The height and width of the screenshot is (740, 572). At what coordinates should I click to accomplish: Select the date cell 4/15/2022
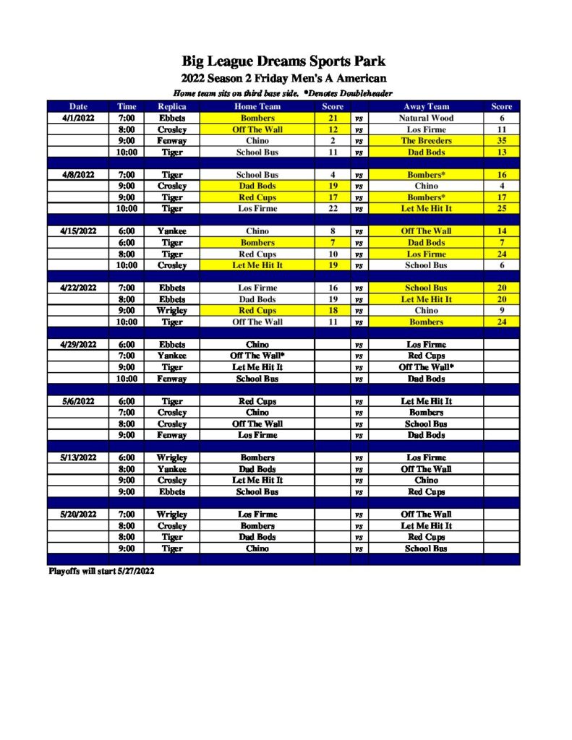pyautogui.click(x=78, y=231)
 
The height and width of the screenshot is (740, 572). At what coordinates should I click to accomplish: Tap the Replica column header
pyautogui.click(x=172, y=106)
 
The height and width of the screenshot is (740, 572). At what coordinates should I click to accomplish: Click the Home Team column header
pyautogui.click(x=257, y=106)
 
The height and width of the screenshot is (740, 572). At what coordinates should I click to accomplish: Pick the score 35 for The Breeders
pyautogui.click(x=501, y=141)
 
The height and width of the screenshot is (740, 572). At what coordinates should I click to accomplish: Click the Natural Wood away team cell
pyautogui.click(x=426, y=118)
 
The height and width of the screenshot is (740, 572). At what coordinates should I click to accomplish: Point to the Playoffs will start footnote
pyautogui.click(x=101, y=571)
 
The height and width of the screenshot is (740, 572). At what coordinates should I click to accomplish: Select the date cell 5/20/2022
pyautogui.click(x=78, y=515)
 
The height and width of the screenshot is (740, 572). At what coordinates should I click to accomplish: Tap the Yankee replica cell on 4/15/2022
pyautogui.click(x=172, y=231)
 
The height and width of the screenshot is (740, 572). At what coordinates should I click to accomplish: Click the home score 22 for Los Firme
pyautogui.click(x=333, y=209)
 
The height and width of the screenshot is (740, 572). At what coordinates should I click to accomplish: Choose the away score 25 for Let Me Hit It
pyautogui.click(x=501, y=209)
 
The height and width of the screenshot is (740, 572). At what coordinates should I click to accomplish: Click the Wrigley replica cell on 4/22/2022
pyautogui.click(x=172, y=311)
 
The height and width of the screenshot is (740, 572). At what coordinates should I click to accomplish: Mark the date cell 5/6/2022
pyautogui.click(x=78, y=401)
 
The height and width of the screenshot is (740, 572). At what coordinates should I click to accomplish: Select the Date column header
pyautogui.click(x=78, y=106)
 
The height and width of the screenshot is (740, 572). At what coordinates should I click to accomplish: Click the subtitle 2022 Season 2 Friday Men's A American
pyautogui.click(x=283, y=78)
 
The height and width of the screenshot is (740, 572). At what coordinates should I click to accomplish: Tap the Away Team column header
pyautogui.click(x=426, y=106)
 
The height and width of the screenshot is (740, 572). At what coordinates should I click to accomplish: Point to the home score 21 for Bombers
pyautogui.click(x=333, y=118)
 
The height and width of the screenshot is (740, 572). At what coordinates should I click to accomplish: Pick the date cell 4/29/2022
pyautogui.click(x=78, y=345)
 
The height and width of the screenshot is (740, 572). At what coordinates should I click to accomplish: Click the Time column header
pyautogui.click(x=127, y=106)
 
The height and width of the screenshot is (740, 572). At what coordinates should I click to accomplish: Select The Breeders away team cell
pyautogui.click(x=426, y=141)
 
